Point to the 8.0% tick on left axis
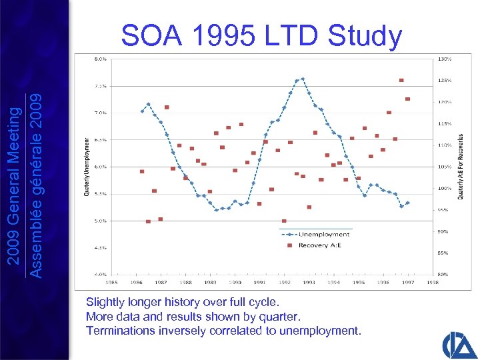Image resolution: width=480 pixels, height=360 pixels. [x=99, y=59]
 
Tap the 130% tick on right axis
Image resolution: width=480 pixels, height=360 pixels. [x=445, y=59]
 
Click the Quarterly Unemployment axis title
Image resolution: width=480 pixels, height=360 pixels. [x=86, y=167]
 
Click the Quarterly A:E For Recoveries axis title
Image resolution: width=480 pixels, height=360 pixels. [x=460, y=167]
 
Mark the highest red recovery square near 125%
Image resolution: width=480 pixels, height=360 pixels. [x=401, y=80]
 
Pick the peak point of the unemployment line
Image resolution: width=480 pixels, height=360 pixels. [x=303, y=79]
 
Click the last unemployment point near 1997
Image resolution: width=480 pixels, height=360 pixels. [x=407, y=203]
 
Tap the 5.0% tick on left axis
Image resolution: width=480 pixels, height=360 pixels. [x=99, y=221]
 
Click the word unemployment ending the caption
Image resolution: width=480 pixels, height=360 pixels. [x=323, y=330]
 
